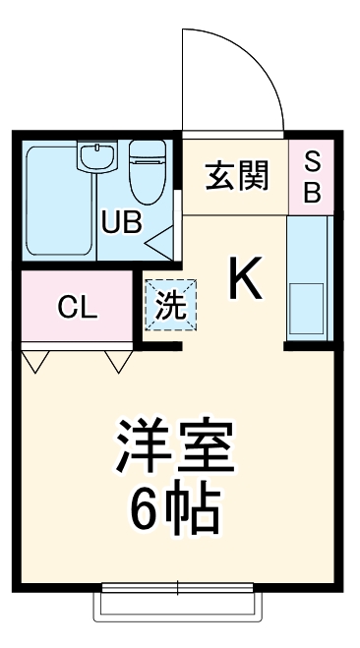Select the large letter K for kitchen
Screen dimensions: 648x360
(246, 280)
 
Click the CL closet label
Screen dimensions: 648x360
(77, 308)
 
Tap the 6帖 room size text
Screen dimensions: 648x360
(177, 508)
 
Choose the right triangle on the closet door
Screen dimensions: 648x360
(120, 362)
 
